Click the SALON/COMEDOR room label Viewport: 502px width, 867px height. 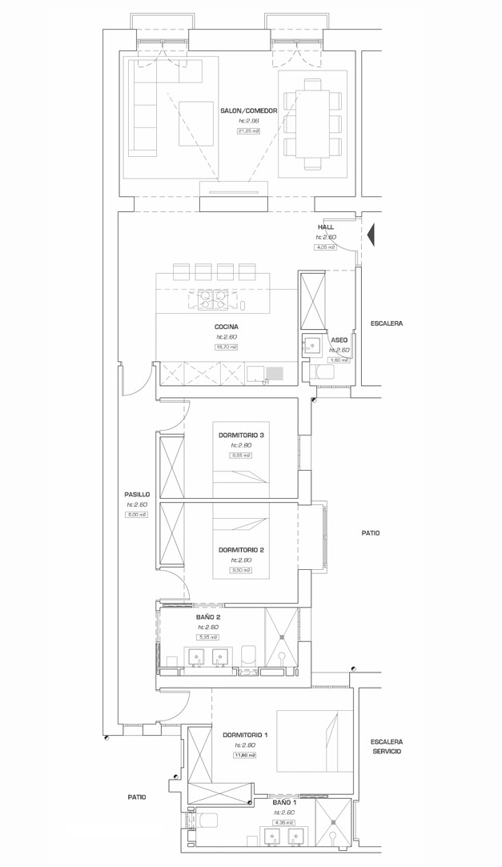click(x=248, y=110)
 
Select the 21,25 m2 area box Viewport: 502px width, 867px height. click(x=248, y=131)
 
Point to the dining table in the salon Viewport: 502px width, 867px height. click(x=312, y=124)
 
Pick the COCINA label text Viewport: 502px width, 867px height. click(x=226, y=327)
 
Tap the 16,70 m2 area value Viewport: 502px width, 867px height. click(x=226, y=347)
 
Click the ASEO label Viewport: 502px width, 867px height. click(x=339, y=340)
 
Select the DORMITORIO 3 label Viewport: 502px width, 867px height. click(x=241, y=435)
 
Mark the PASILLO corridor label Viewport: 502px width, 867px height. click(x=137, y=495)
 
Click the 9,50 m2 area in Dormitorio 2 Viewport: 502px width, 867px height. click(x=241, y=570)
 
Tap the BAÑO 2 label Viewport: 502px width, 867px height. click(x=208, y=617)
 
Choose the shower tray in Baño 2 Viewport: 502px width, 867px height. click(x=282, y=636)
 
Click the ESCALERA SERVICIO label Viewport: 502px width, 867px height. click(x=387, y=747)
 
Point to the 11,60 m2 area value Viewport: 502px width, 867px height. click(x=244, y=755)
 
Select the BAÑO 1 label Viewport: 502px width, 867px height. click(x=283, y=802)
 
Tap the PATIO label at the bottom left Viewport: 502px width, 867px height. click(x=137, y=797)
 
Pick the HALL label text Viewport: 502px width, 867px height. click(x=325, y=227)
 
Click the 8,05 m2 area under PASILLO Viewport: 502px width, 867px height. click(x=137, y=515)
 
